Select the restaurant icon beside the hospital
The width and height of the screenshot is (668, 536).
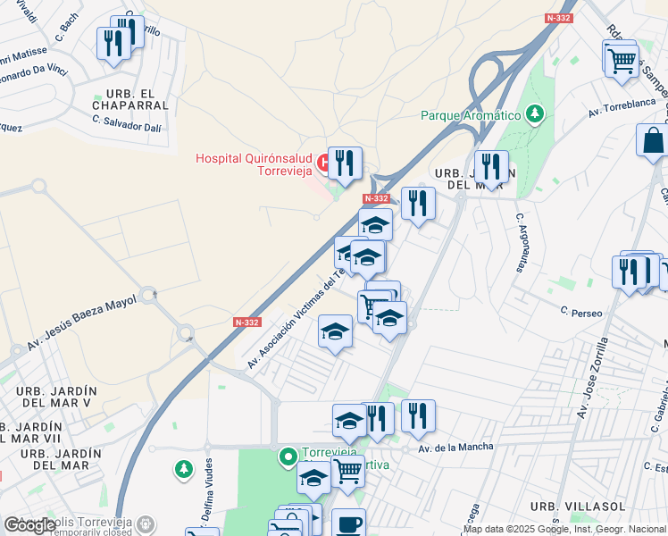click(x=345, y=163)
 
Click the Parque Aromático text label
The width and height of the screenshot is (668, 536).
click(x=470, y=115)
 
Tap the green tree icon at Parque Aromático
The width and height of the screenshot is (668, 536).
click(x=535, y=113)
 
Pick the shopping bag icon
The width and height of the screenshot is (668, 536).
click(x=653, y=140)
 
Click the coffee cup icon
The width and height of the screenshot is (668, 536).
click(x=348, y=523)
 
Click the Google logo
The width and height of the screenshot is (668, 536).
click(x=29, y=525)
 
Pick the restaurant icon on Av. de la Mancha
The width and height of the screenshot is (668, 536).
click(x=418, y=415)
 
